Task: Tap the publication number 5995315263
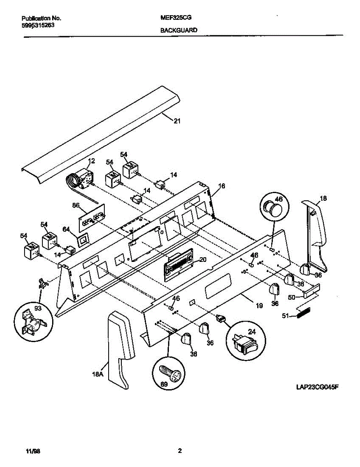38,25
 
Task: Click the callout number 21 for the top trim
177,121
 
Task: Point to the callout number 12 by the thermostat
91,161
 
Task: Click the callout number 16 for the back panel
221,186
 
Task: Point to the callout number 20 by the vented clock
203,260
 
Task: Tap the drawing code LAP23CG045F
317,388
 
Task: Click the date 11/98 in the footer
33,452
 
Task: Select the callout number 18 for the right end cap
323,198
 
